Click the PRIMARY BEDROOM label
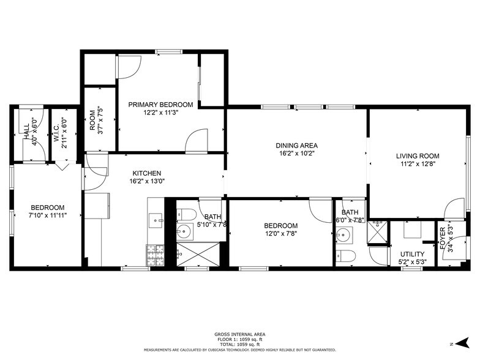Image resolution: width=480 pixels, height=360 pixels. tap(160, 105)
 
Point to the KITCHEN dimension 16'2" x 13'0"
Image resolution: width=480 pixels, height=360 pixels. tap(147, 181)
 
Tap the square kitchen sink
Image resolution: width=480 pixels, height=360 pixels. tap(156, 219)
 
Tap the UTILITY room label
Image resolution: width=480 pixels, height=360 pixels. tap(411, 254)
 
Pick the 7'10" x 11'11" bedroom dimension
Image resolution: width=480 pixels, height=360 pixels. tap(47, 216)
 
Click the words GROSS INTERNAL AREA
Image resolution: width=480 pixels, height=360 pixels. tap(239, 334)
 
